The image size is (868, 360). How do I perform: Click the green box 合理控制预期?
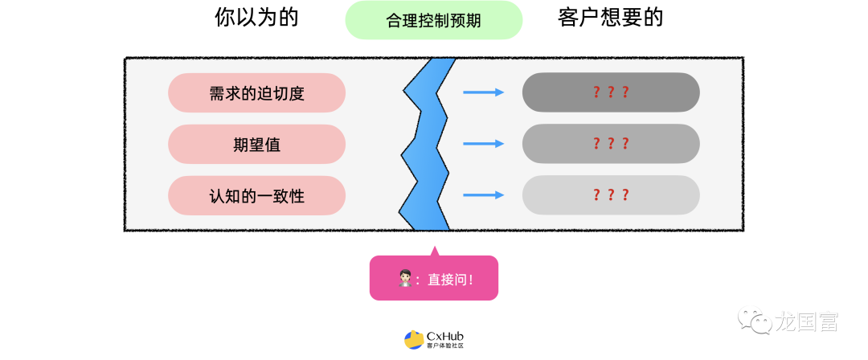(x=434, y=20)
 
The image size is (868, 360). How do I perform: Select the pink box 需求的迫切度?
(x=256, y=92)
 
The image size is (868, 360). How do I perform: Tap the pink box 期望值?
(x=256, y=144)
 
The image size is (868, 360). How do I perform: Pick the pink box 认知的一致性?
(x=256, y=195)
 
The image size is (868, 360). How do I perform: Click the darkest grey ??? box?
(x=611, y=92)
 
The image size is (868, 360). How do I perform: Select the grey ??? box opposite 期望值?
(x=611, y=144)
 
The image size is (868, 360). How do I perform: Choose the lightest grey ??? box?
(x=611, y=195)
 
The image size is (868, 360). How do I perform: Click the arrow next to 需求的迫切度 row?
(x=483, y=92)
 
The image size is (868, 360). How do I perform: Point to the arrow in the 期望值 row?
(x=483, y=144)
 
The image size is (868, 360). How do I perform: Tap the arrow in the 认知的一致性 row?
(x=483, y=195)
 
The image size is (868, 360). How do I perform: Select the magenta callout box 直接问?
(x=434, y=278)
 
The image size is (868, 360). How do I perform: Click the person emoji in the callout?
(x=406, y=279)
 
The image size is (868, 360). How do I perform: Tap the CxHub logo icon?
(x=414, y=340)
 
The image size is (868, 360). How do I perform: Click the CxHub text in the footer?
(x=444, y=336)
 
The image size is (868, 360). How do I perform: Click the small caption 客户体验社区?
(x=445, y=346)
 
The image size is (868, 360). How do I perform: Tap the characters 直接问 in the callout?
(x=448, y=279)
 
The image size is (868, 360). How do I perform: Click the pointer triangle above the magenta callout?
(x=434, y=250)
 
